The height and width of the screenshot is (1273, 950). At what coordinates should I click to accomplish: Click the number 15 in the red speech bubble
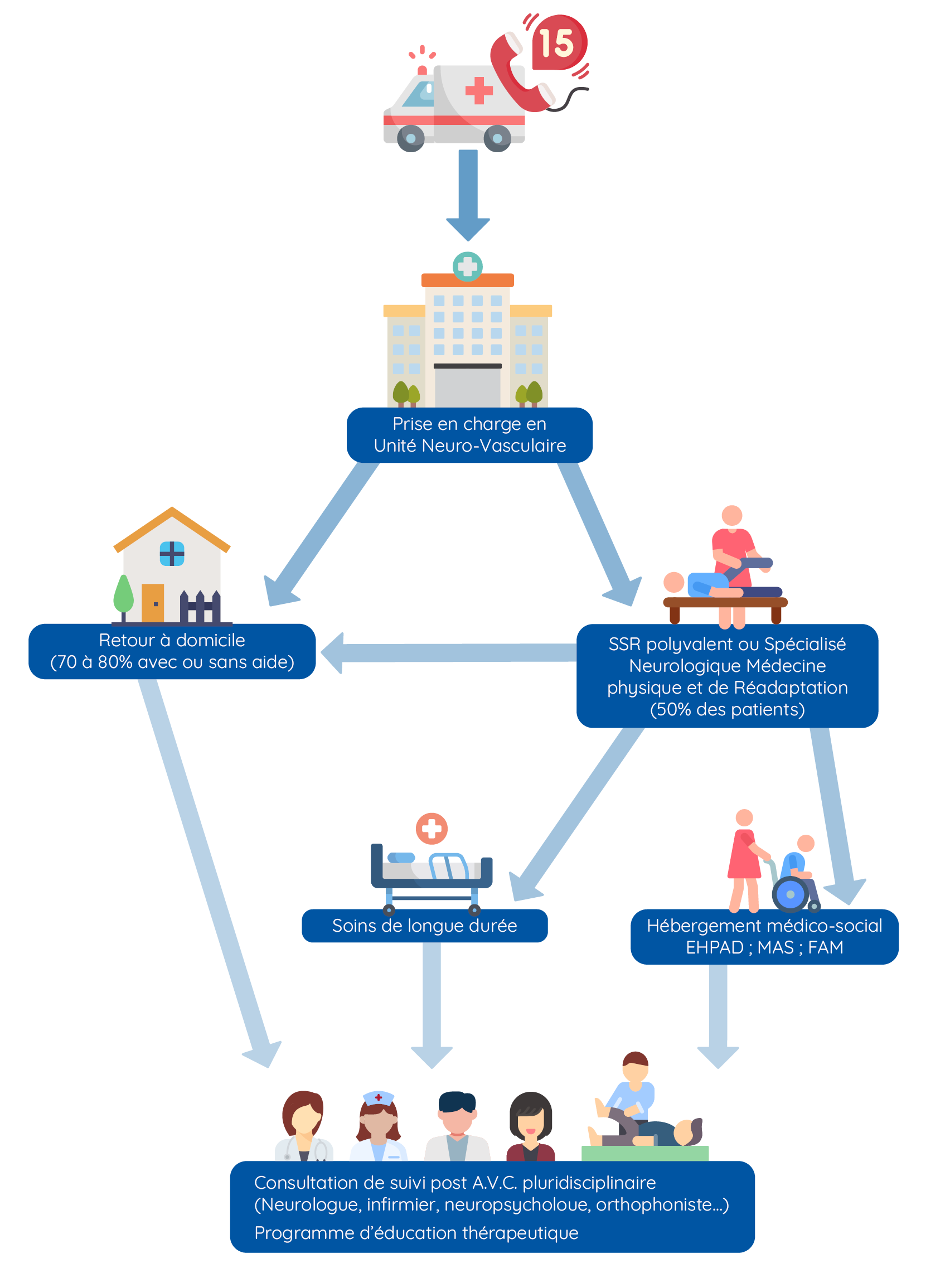click(556, 43)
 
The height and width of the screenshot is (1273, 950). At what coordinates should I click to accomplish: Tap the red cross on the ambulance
click(478, 90)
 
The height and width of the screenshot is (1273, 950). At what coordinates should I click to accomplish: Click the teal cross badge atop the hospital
click(467, 266)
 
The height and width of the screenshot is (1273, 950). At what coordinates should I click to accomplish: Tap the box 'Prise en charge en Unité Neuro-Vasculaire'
click(469, 435)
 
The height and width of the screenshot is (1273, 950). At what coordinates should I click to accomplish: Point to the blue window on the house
click(171, 553)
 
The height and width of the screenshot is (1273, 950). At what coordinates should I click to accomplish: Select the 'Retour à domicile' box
click(172, 651)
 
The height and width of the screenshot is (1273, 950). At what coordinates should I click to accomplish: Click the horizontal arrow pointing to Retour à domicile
click(449, 652)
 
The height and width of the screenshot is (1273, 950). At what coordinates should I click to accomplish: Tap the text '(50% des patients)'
click(727, 709)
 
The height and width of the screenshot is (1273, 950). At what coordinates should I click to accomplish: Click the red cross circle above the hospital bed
click(432, 829)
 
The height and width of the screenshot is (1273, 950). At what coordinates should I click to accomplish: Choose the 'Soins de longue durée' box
click(424, 925)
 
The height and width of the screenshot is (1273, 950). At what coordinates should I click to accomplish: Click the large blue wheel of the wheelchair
click(790, 894)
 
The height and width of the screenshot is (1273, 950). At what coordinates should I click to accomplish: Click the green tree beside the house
click(123, 595)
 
